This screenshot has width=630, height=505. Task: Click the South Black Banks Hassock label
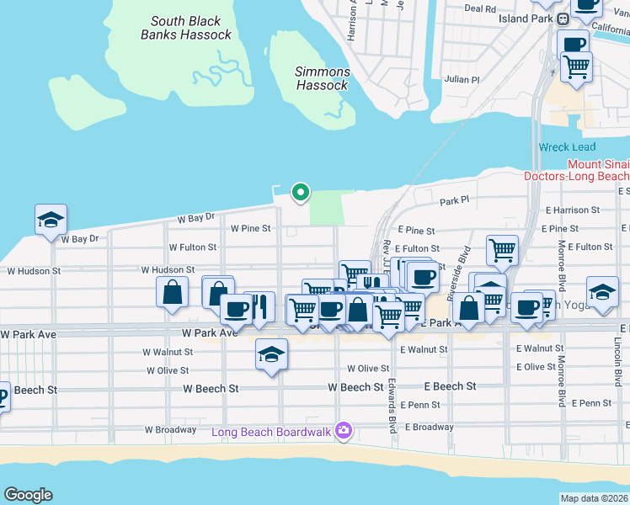coord(186,28)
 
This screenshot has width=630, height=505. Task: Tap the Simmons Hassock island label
coord(322,78)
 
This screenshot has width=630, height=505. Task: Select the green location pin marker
coord(300,193)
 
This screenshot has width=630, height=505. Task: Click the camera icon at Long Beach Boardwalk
coord(343,432)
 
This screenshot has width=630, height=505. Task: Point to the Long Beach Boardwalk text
coord(271,433)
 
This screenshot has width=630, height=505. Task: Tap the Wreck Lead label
coord(567,147)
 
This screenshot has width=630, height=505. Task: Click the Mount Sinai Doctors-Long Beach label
coord(576,171)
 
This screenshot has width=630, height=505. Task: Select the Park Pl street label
coord(453,202)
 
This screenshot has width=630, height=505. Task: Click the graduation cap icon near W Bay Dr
coord(51,220)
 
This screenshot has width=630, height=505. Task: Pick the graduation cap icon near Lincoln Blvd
coord(602,292)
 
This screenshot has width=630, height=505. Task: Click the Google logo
coord(28,495)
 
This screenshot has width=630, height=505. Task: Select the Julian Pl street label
coord(462,80)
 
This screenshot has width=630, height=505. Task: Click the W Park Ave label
coord(28,334)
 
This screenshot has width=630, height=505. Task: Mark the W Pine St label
coord(251,228)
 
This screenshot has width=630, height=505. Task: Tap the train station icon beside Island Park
coord(563,19)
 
